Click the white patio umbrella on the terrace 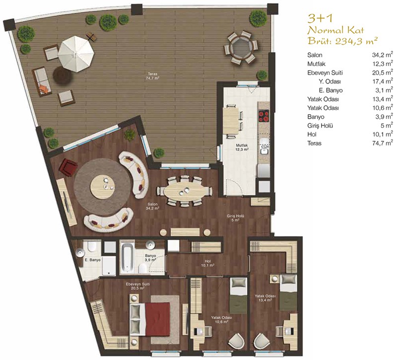(x=76, y=54)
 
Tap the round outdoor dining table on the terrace (x=241, y=47)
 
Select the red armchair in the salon (x=68, y=166)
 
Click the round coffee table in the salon (x=102, y=187)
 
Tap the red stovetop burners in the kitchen (x=264, y=117)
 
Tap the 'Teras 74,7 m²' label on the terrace (x=152, y=76)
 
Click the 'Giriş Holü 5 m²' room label (x=235, y=218)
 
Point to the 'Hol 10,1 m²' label (x=207, y=263)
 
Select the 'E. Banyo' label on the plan (x=93, y=260)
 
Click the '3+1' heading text (x=320, y=18)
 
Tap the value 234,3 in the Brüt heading (x=347, y=41)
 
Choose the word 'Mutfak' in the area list (x=316, y=64)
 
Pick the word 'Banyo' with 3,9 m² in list (x=316, y=117)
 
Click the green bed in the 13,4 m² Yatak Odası (x=288, y=292)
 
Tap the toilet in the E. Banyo (x=91, y=246)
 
